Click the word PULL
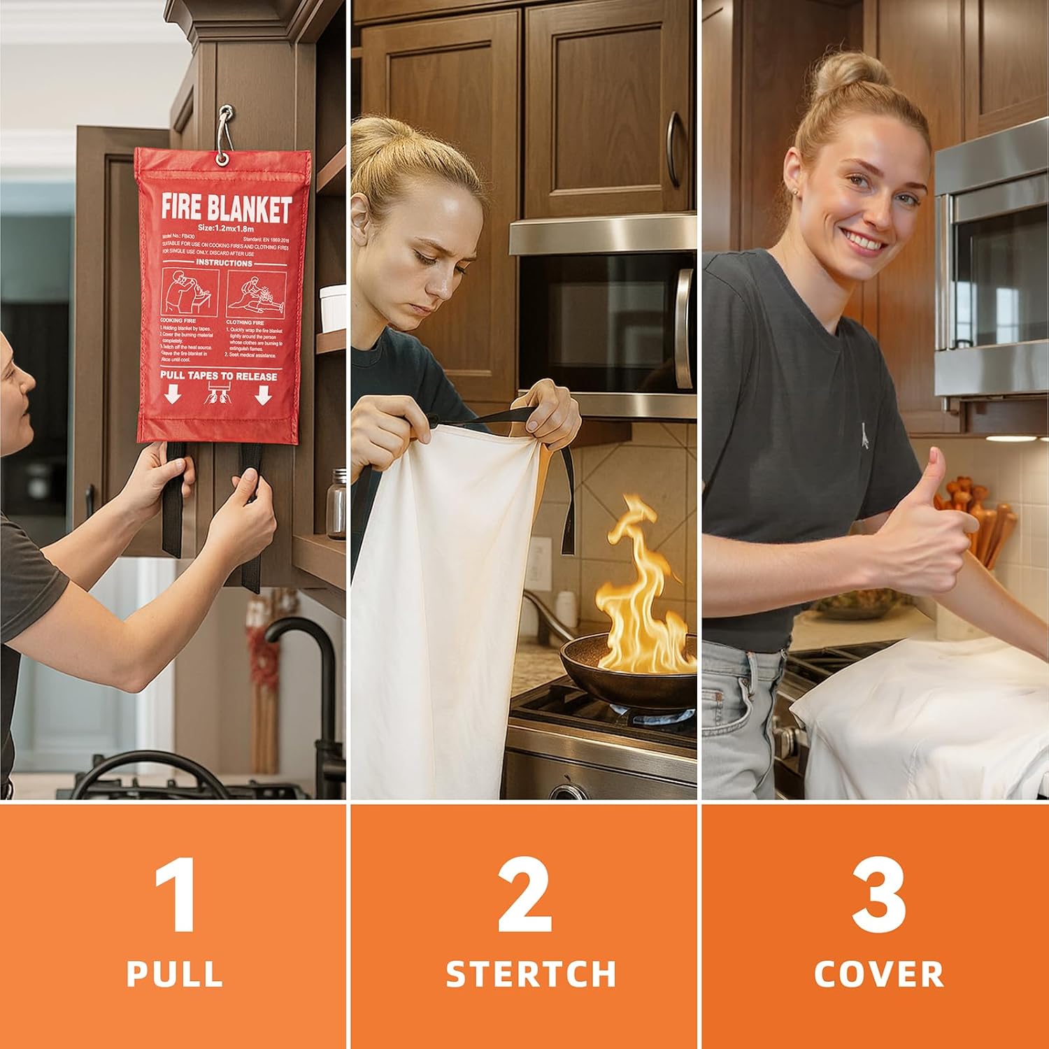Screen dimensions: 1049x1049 (175, 973)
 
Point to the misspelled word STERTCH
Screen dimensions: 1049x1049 (531, 973)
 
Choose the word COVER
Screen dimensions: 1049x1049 (879, 973)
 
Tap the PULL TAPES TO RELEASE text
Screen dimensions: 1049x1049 (218, 376)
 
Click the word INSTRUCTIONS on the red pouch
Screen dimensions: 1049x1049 (224, 263)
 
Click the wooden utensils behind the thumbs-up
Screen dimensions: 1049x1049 (979, 518)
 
